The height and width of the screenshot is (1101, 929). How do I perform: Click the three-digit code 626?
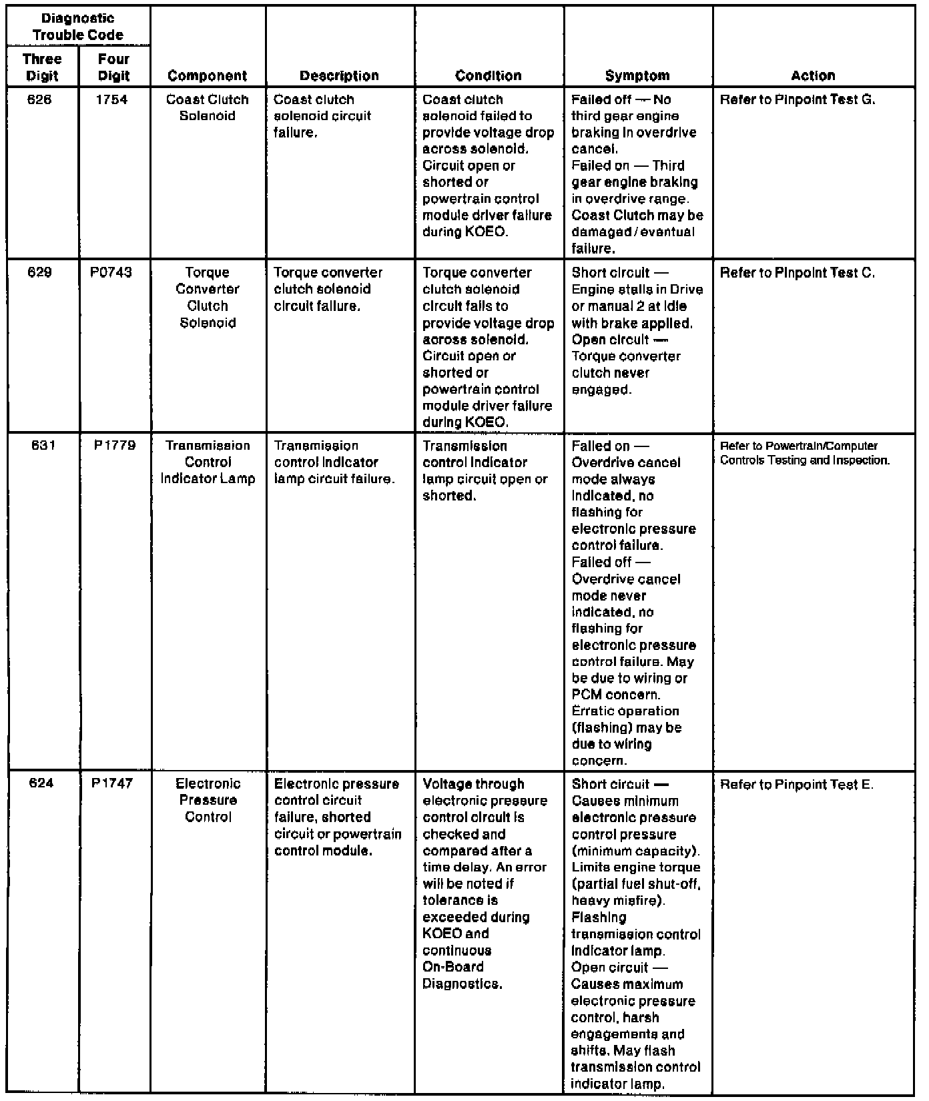click(x=41, y=100)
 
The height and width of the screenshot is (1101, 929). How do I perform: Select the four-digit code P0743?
click(x=113, y=273)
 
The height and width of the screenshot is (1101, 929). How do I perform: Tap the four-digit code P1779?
click(x=113, y=446)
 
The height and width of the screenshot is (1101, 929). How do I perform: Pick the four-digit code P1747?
click(x=113, y=784)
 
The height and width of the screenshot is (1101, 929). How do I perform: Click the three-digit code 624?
click(x=41, y=784)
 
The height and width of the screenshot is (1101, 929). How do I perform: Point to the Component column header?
click(x=208, y=76)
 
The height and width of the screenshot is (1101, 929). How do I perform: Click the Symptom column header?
click(x=637, y=76)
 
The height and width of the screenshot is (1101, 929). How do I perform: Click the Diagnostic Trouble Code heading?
click(x=78, y=27)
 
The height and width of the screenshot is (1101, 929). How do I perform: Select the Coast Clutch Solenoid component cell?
click(x=208, y=107)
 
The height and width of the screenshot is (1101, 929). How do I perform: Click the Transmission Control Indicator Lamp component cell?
click(x=208, y=462)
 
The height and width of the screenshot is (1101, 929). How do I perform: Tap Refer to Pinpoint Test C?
click(x=798, y=273)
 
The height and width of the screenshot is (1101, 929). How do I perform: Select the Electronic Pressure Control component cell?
click(x=208, y=800)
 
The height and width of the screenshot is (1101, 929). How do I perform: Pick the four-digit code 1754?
click(x=113, y=100)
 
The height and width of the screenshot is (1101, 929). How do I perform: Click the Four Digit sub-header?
click(x=113, y=67)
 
